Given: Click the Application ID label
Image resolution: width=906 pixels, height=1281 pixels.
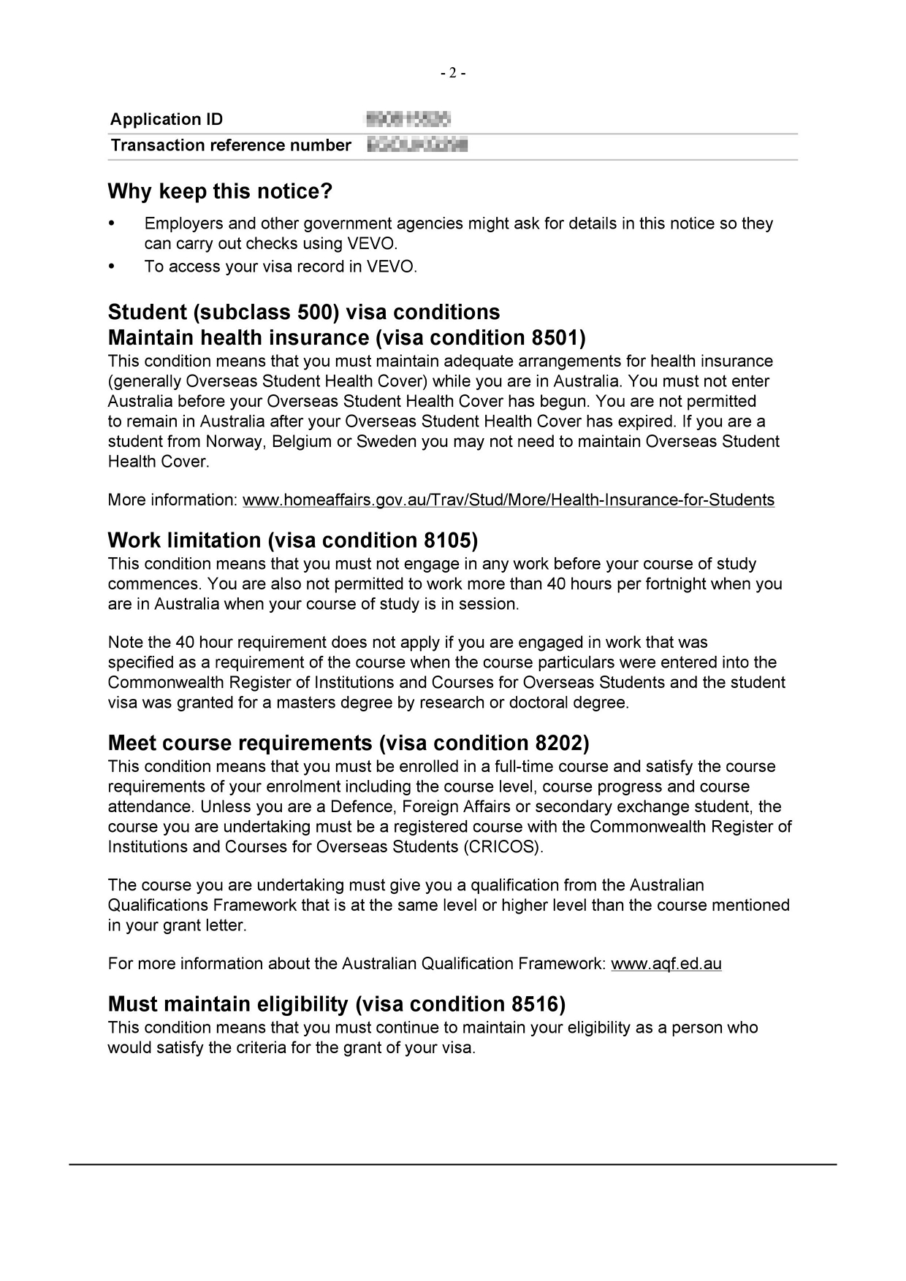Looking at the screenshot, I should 167,119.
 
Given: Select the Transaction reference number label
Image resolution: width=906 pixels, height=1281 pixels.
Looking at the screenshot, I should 230,145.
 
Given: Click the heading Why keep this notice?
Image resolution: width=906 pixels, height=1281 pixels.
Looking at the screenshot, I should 220,191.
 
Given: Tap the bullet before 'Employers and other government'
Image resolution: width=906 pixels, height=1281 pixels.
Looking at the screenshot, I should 112,223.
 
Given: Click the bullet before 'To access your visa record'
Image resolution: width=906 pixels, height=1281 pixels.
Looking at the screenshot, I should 112,266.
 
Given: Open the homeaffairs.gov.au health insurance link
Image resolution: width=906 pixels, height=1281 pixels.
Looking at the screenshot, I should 509,500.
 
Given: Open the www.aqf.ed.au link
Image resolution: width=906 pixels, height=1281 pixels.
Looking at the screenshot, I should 666,964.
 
